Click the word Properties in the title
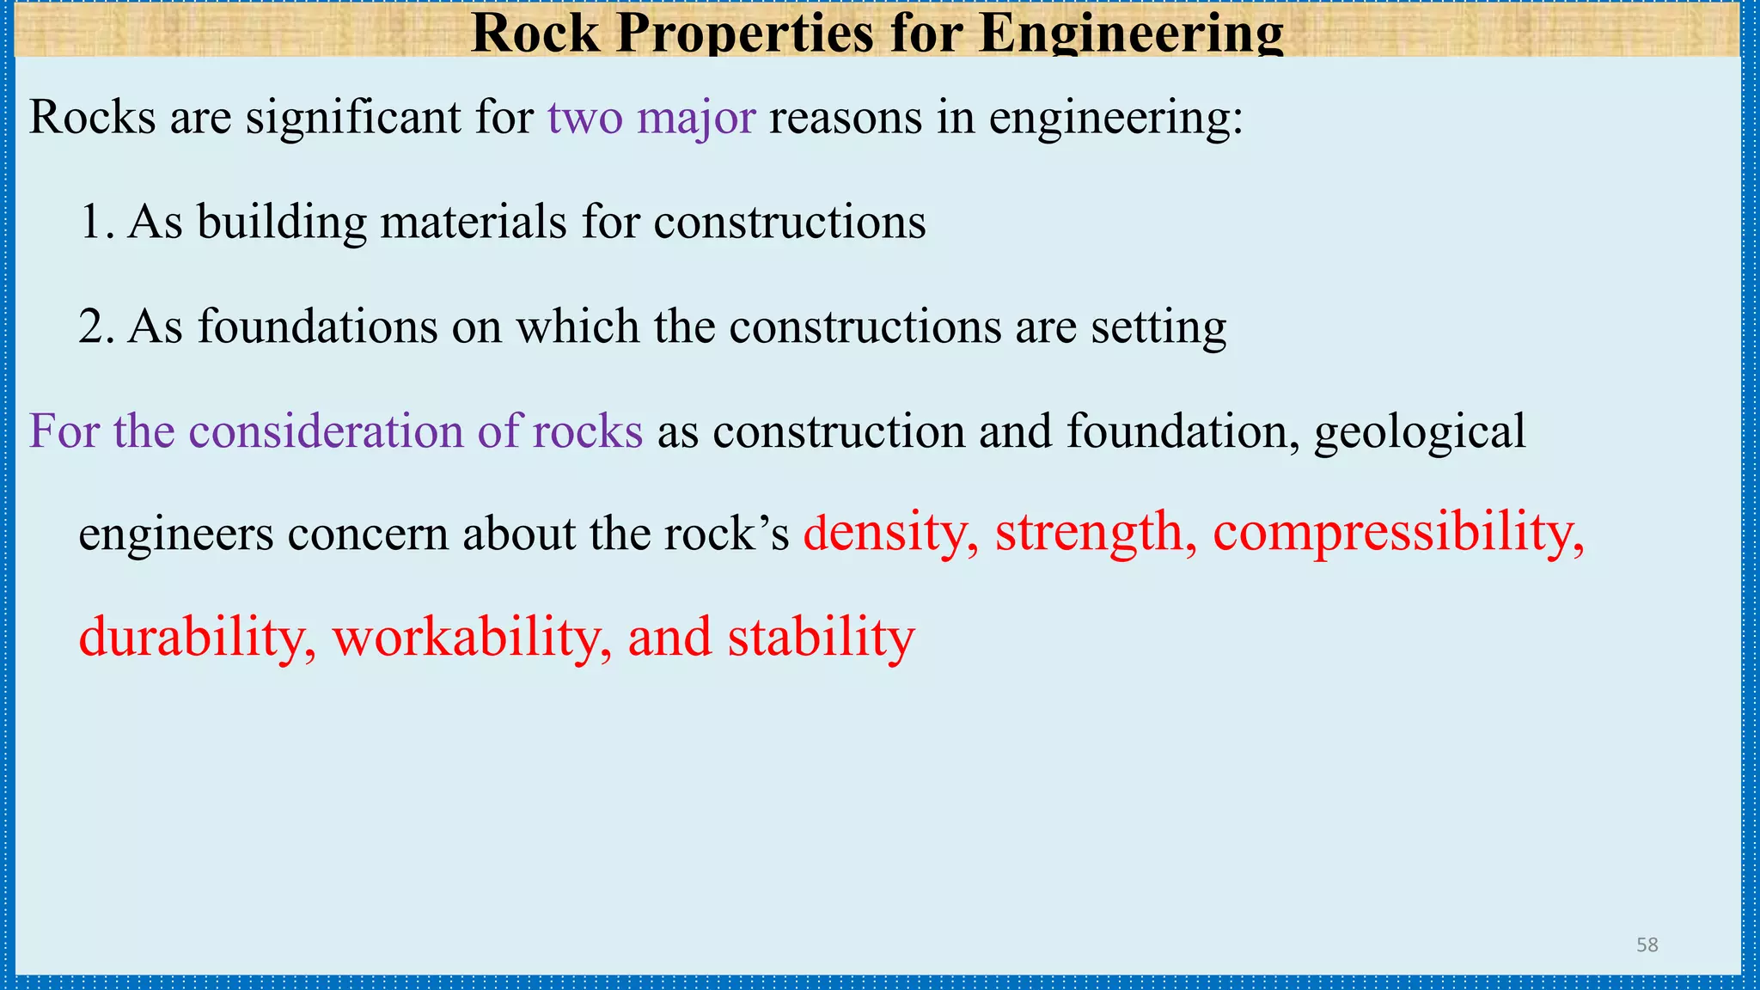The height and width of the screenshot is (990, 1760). (x=746, y=34)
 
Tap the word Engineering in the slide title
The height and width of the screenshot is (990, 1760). (x=1130, y=34)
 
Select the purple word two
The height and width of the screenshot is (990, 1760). (x=585, y=117)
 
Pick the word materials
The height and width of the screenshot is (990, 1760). (x=474, y=222)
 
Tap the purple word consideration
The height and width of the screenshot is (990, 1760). (x=326, y=431)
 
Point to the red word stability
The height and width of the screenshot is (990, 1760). (x=821, y=638)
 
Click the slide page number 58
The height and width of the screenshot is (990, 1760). (x=1647, y=945)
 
